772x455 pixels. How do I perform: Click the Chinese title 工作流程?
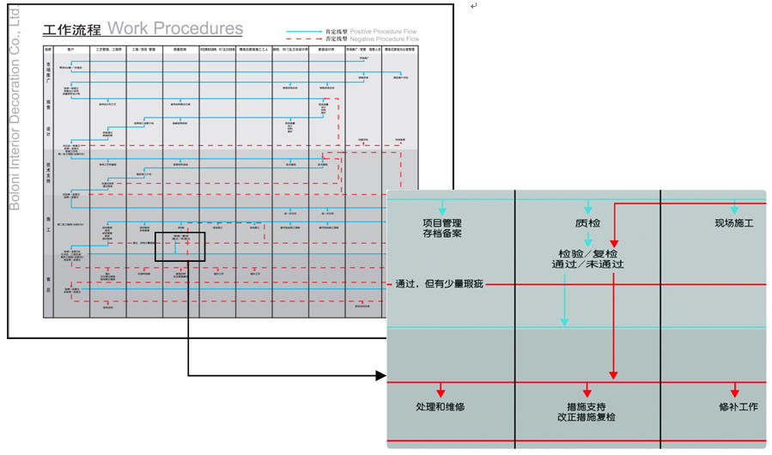(x=71, y=30)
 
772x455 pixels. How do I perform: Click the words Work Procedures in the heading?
(x=175, y=28)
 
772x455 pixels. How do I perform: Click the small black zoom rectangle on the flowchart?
(x=180, y=246)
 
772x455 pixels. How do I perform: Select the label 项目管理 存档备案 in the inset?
(x=443, y=227)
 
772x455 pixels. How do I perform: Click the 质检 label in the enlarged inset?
(x=588, y=223)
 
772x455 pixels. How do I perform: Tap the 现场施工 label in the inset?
(x=734, y=223)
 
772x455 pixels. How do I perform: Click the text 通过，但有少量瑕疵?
(x=440, y=284)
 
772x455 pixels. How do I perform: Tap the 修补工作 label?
(x=738, y=406)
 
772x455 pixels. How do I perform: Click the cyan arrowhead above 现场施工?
(x=735, y=209)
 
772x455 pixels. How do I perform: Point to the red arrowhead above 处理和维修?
(x=442, y=391)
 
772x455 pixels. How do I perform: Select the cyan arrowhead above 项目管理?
(x=443, y=209)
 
